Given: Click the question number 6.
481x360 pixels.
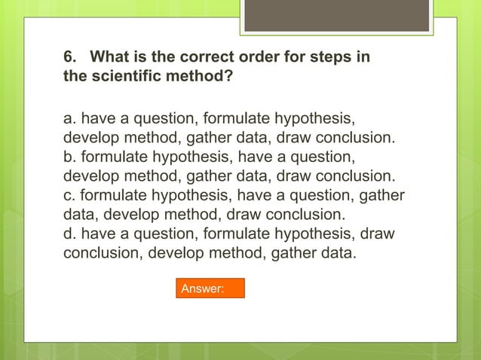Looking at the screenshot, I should [67, 57].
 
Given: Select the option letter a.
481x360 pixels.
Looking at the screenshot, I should [67, 120].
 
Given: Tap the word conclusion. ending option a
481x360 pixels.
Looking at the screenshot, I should [352, 139].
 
